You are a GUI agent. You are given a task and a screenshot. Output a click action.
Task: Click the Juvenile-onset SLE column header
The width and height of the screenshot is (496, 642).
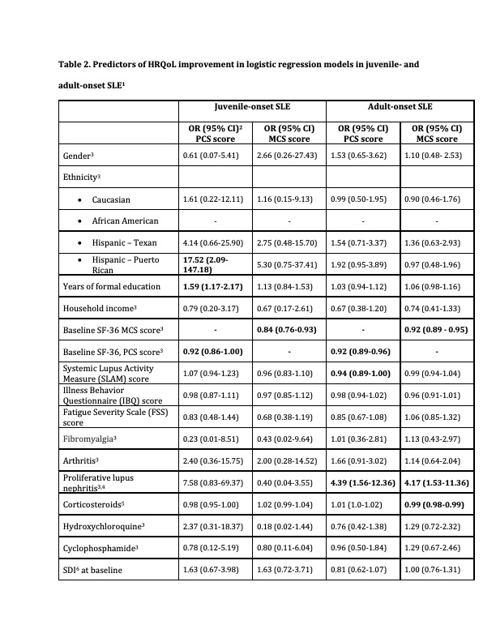pyautogui.click(x=252, y=106)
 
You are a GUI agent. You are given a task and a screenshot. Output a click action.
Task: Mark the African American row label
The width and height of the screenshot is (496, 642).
pyautogui.click(x=125, y=220)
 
